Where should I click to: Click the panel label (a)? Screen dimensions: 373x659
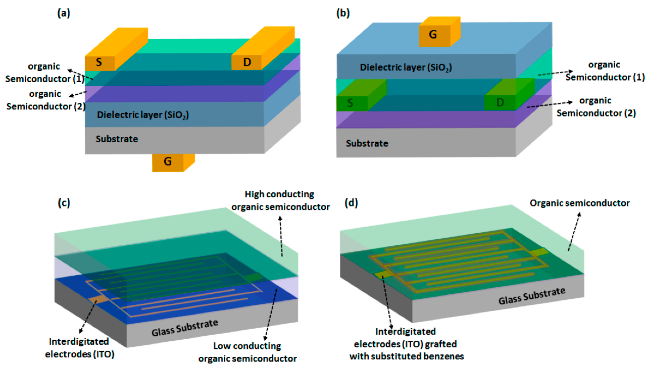(x=63, y=13)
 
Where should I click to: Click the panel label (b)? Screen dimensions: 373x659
(x=343, y=13)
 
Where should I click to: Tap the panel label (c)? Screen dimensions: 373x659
(x=64, y=203)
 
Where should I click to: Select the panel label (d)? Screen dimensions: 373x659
(x=351, y=203)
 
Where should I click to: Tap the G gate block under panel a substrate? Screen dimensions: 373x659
(x=168, y=161)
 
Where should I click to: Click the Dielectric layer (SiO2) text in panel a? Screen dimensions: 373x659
(x=143, y=115)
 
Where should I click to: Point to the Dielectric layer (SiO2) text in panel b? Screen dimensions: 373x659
(x=406, y=68)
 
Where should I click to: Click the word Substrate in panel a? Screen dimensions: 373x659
(x=117, y=139)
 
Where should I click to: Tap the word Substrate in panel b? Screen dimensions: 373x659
(x=367, y=143)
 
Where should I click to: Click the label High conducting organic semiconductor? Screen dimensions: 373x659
(x=280, y=201)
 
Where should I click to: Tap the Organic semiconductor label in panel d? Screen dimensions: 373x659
(x=580, y=203)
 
